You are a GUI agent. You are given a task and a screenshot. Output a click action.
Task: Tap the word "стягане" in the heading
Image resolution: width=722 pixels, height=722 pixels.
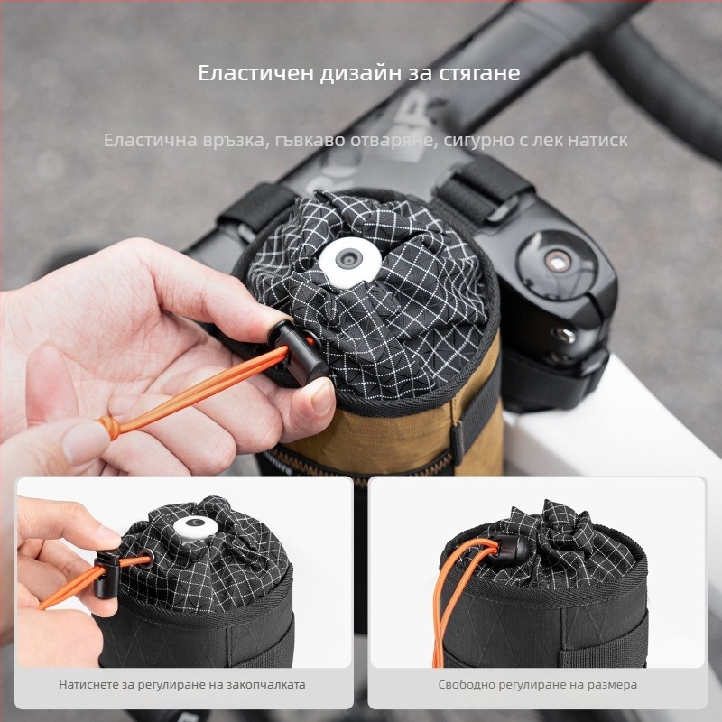(479, 74)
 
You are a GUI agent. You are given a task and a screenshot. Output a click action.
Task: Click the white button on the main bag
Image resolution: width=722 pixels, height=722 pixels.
(349, 261)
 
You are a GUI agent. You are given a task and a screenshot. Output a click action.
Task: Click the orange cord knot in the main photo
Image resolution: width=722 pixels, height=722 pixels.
(109, 426)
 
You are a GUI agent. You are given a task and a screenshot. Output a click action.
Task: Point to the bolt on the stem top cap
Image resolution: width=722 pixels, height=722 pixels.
(557, 261)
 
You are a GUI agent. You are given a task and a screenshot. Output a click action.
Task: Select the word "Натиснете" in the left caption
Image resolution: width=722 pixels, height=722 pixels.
(86, 685)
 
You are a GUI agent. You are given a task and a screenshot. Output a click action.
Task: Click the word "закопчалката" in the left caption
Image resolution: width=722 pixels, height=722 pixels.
(272, 685)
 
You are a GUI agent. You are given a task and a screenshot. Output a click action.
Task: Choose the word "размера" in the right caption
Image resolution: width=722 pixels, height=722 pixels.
(616, 685)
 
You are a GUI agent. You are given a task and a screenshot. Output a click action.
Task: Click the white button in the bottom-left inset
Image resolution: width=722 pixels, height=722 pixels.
(195, 528)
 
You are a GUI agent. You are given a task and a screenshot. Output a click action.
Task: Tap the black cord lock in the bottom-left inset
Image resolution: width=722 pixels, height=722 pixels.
(107, 573)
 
